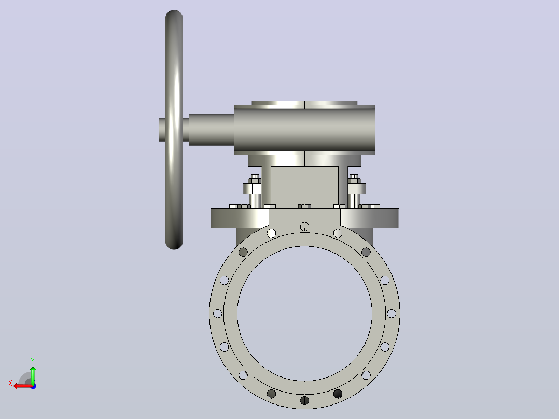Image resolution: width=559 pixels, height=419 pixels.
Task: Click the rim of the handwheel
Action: point(174,72)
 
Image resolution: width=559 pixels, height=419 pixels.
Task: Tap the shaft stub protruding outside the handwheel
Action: point(162,130)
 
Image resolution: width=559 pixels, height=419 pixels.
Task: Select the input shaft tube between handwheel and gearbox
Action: point(211,130)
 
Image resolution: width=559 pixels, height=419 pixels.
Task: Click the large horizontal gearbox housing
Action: point(304,130)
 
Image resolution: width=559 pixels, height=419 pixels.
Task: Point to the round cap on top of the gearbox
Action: point(304,103)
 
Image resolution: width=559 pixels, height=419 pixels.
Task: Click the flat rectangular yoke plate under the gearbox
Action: point(304,187)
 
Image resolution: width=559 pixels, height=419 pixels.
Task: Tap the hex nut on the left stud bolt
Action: point(252,188)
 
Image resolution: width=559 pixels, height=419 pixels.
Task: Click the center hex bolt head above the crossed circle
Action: point(304,206)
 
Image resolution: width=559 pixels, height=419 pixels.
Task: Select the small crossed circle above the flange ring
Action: point(304,227)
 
